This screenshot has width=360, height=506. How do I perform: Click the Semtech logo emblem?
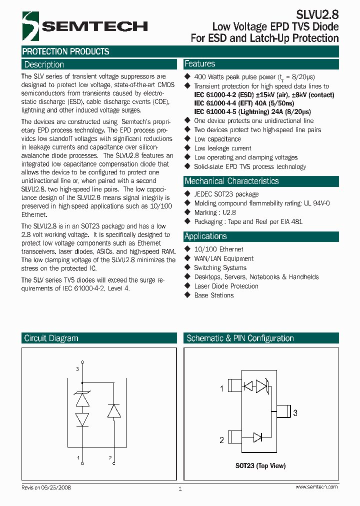30,25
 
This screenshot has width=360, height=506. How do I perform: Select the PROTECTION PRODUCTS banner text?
66,51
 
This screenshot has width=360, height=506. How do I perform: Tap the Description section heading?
44,64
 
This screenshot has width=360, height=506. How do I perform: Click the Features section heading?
200,64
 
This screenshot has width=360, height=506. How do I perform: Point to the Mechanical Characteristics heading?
231,181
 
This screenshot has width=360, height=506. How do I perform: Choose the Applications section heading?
205,236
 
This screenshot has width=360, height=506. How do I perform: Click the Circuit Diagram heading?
51,338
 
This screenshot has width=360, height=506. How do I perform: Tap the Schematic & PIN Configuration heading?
240,338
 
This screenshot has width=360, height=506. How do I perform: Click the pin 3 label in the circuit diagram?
77,369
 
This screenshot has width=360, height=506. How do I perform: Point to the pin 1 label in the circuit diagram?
77,457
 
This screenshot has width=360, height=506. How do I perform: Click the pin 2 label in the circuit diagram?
109,457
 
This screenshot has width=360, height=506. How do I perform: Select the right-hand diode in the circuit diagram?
114,410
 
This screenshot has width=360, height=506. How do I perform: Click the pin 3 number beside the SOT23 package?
295,413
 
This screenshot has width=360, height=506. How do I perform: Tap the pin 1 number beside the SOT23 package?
221,388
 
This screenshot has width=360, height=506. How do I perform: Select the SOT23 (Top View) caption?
260,466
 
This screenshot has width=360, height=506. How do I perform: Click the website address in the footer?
316,486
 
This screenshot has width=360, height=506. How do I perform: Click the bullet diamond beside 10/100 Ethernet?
188,248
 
